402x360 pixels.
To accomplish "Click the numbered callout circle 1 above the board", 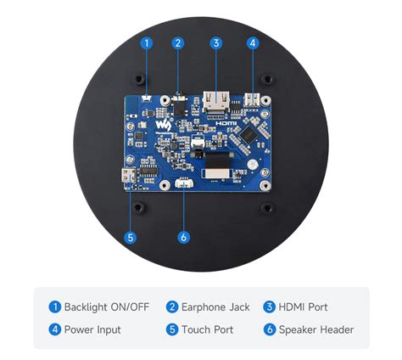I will coord(147,42).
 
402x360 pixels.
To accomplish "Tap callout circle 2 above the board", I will coord(178,42).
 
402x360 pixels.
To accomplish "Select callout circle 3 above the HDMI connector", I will coord(216,42).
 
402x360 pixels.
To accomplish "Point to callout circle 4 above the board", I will coord(253,42).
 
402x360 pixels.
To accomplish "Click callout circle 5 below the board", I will coord(130,238).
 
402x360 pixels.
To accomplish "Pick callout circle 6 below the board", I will coord(184,238).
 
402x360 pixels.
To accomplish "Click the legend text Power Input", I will coord(92,329).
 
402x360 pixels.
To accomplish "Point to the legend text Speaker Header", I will coord(315,329).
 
